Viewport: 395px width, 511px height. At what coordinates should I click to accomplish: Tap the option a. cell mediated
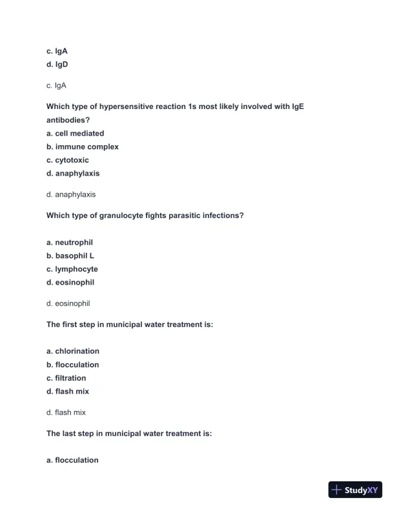click(75, 134)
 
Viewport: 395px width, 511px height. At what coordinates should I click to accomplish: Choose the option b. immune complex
click(82, 147)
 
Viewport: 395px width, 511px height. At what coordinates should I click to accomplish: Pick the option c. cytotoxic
click(68, 160)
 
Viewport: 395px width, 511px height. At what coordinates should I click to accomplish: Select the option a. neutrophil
click(70, 243)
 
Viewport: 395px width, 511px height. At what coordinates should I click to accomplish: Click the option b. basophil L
click(70, 255)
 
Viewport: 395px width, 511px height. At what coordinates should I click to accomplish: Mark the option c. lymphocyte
click(72, 269)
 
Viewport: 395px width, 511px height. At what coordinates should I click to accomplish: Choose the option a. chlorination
click(73, 351)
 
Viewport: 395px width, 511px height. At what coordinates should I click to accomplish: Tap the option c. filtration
click(66, 378)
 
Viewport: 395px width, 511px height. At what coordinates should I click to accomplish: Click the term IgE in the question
click(298, 106)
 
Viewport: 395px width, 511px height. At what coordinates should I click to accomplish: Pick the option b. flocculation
click(73, 365)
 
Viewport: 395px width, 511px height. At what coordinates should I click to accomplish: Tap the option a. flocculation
click(72, 460)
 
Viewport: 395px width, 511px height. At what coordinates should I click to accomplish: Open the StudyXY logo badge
click(355, 490)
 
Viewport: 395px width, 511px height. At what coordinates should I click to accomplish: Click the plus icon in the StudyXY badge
click(336, 490)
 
